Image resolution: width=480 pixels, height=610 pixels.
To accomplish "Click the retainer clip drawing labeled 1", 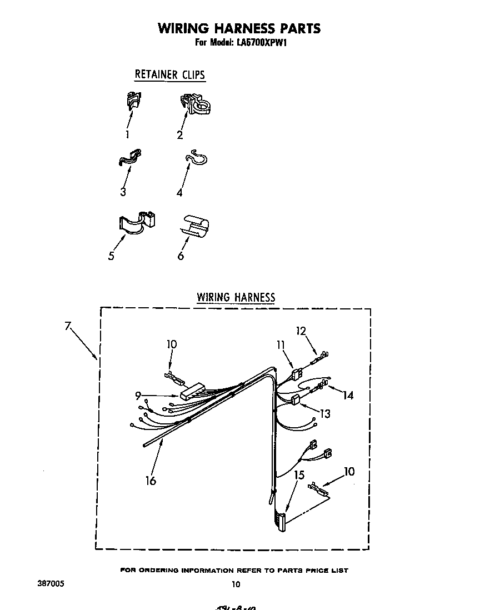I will [132, 101].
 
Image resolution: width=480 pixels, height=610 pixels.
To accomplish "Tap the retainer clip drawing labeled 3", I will [129, 158].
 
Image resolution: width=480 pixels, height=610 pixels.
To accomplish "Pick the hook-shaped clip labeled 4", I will [196, 158].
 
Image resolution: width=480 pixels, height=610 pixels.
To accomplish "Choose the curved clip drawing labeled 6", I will [194, 225].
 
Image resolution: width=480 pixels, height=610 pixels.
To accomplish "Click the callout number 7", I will [68, 326].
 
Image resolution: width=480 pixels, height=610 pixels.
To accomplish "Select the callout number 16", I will [151, 481].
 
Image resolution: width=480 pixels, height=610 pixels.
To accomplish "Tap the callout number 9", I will [138, 396].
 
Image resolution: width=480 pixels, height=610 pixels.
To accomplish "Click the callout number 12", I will [301, 331].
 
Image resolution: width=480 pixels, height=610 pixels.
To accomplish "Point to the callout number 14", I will [348, 396].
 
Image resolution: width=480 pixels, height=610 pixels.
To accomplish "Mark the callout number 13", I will [324, 413].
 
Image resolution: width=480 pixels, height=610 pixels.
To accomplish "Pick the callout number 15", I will [299, 475].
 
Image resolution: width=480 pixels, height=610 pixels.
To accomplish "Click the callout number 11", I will [280, 345].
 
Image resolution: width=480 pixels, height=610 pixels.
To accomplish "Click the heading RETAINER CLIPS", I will [170, 74].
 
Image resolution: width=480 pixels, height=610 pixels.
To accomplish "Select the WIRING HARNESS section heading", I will [236, 297].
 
